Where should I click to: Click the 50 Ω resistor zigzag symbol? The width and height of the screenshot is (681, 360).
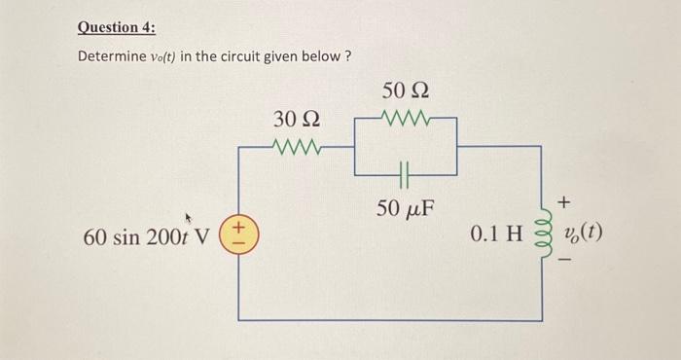(x=406, y=122)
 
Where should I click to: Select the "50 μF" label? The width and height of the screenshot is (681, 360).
(x=406, y=208)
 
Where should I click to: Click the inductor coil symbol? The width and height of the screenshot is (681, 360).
(x=541, y=236)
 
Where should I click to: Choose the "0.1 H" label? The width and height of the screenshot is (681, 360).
(x=496, y=236)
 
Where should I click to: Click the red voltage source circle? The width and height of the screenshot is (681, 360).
(x=242, y=236)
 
